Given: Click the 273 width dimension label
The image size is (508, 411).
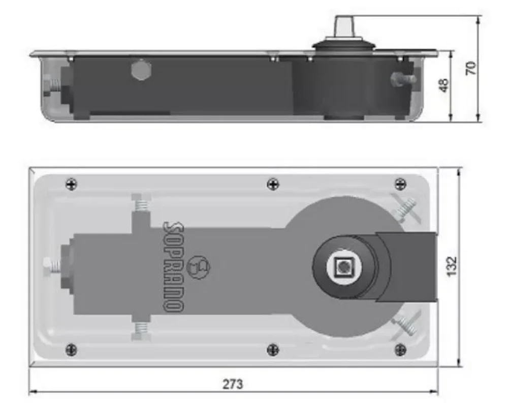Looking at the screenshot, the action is [x=232, y=384].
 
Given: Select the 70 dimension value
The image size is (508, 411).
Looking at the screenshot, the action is [x=471, y=68].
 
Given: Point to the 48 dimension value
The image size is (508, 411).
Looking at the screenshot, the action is [x=444, y=85].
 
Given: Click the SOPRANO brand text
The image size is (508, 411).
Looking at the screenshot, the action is [x=174, y=267].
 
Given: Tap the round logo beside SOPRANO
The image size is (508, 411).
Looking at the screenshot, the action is [x=199, y=267].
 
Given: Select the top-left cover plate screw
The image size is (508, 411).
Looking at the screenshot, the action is [x=71, y=184].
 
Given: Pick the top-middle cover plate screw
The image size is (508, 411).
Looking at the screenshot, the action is [x=273, y=184].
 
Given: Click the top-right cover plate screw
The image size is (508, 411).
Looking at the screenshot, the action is [x=400, y=184].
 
